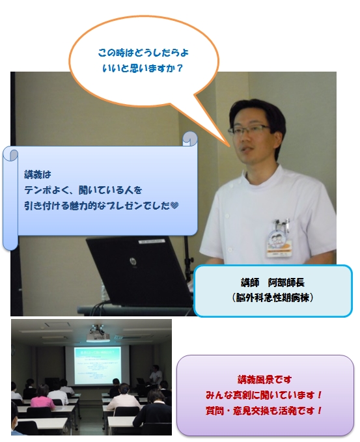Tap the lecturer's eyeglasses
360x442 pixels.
coord(249,130)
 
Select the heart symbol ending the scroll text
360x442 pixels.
coord(174,206)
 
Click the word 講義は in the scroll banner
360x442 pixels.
coord(38,174)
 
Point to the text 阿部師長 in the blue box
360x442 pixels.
coord(286,283)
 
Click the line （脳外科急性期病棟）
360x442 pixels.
coord(273,297)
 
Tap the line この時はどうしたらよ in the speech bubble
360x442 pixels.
coord(143,53)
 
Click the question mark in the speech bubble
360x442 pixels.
coord(180,68)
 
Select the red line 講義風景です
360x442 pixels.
coord(264,380)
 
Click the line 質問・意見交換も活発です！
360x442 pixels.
coord(264,410)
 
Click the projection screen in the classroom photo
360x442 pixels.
coord(97,365)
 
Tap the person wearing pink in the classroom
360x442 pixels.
coord(42,398)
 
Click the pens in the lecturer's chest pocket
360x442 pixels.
coord(282,223)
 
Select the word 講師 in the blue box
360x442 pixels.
coord(250,283)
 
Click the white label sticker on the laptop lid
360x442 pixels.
coord(152,242)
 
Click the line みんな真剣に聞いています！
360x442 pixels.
coord(264,395)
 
